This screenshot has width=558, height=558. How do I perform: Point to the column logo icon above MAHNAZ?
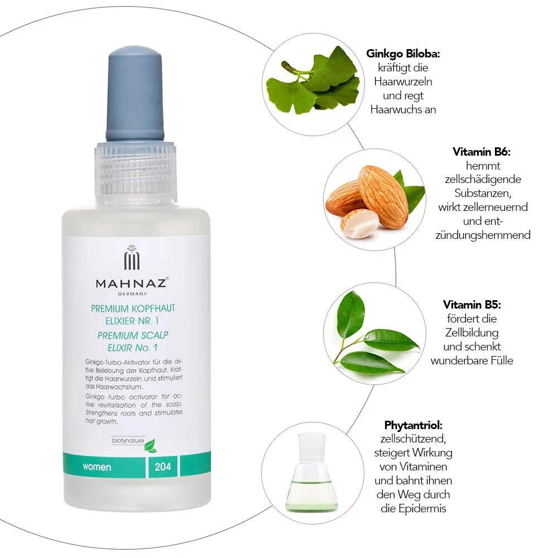(132, 257)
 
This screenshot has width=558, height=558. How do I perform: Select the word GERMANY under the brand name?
(132, 294)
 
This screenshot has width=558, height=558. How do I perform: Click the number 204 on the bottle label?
(162, 466)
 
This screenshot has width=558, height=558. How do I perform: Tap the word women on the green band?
(97, 467)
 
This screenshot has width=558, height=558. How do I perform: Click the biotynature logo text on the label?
(128, 441)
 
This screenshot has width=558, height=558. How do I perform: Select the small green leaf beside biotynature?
(151, 445)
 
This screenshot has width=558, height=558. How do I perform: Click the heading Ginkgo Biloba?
(403, 54)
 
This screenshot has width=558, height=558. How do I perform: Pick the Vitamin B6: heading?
(482, 152)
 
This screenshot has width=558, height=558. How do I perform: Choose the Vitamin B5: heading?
(472, 305)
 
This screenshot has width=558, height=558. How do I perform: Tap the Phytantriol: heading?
(413, 425)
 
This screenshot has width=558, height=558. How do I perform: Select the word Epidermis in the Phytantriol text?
(422, 508)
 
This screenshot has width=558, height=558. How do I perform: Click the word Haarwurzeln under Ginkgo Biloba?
(403, 81)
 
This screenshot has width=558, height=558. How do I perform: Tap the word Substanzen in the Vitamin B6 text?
(483, 193)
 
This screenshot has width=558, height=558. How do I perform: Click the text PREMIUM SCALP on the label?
(133, 335)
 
